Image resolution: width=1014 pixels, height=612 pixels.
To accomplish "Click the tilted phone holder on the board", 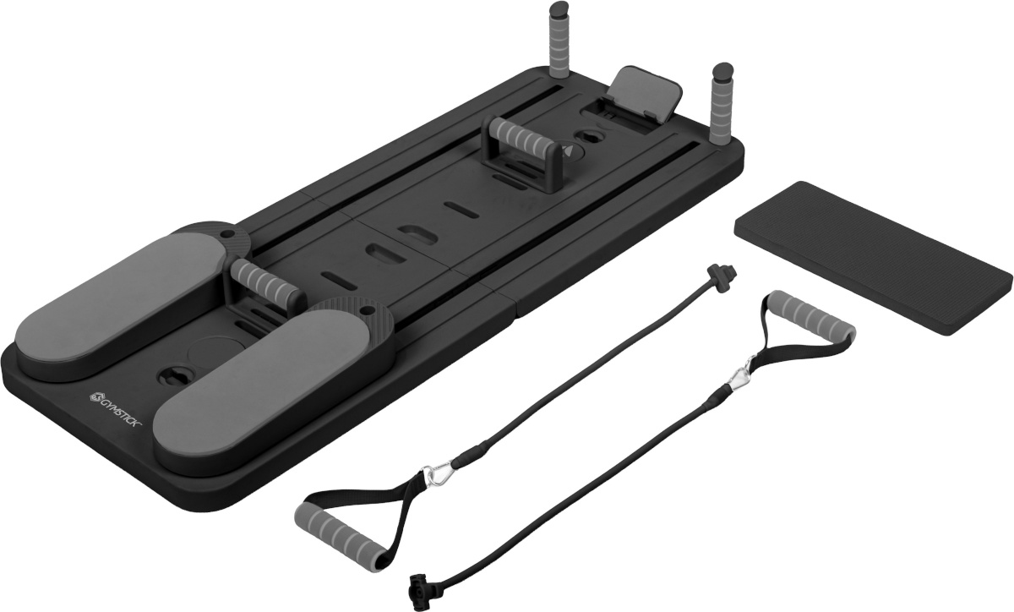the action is (x=645, y=93).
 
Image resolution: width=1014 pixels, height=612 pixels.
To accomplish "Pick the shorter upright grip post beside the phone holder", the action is (x=720, y=104).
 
